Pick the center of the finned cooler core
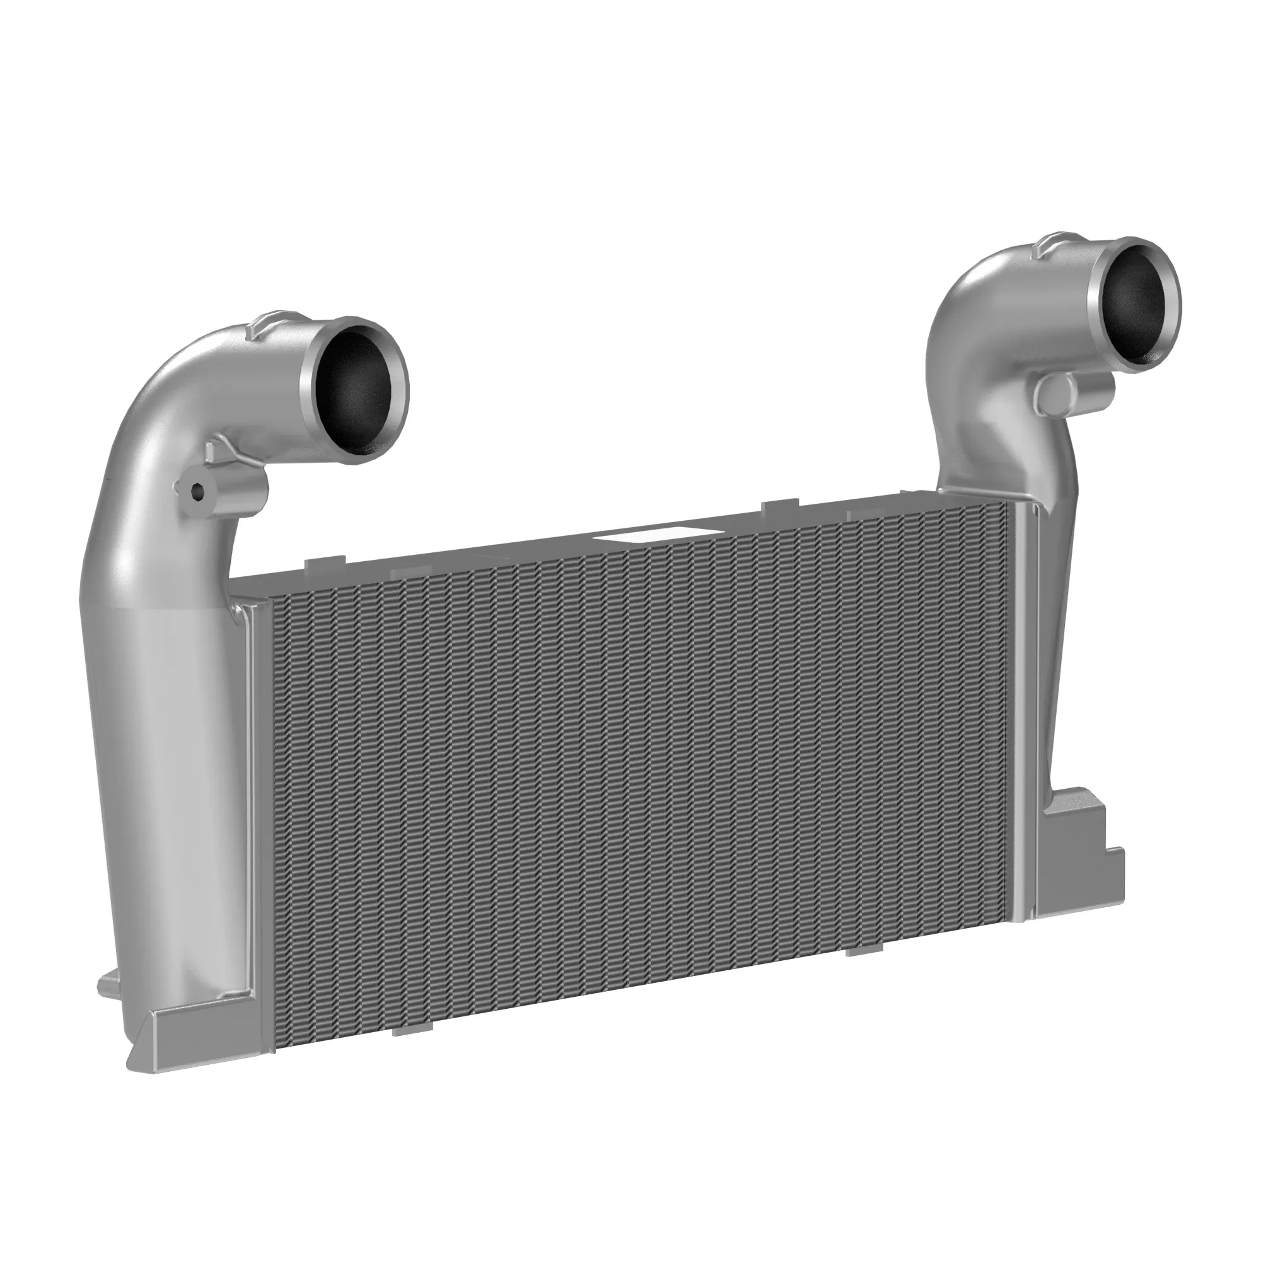point(639,770)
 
